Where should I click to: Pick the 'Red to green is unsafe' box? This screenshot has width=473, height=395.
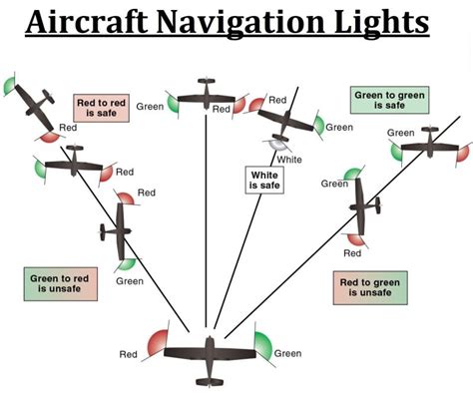pos(366,289)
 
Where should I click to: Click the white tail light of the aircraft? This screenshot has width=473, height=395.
pos(272,146)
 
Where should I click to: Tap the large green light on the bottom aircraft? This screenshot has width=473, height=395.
pos(261,344)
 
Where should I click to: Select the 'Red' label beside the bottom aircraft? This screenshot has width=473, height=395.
pos(129,354)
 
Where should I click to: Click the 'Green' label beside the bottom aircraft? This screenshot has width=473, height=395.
pos(287,353)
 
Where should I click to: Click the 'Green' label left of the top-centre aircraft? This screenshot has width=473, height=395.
pos(151,107)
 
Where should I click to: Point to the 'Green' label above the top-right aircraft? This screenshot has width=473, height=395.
pos(401,133)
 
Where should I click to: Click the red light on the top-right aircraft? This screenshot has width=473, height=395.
pos(462,153)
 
